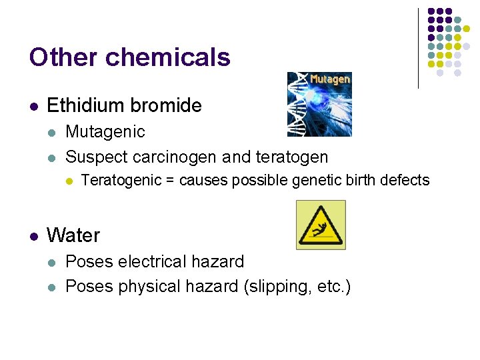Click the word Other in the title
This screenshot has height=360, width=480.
(x=63, y=57)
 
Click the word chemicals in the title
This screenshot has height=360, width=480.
(x=168, y=57)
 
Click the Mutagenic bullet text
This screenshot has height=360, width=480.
(x=105, y=131)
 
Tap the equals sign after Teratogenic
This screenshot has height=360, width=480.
(x=170, y=181)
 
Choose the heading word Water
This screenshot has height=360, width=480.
(x=73, y=235)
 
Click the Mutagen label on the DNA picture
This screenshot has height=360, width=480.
(x=330, y=79)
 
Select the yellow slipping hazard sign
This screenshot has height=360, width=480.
(x=321, y=225)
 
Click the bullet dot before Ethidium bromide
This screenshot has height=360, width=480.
(x=33, y=106)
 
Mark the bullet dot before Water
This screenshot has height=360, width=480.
(x=33, y=236)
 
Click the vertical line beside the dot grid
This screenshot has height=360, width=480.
(x=418, y=48)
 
